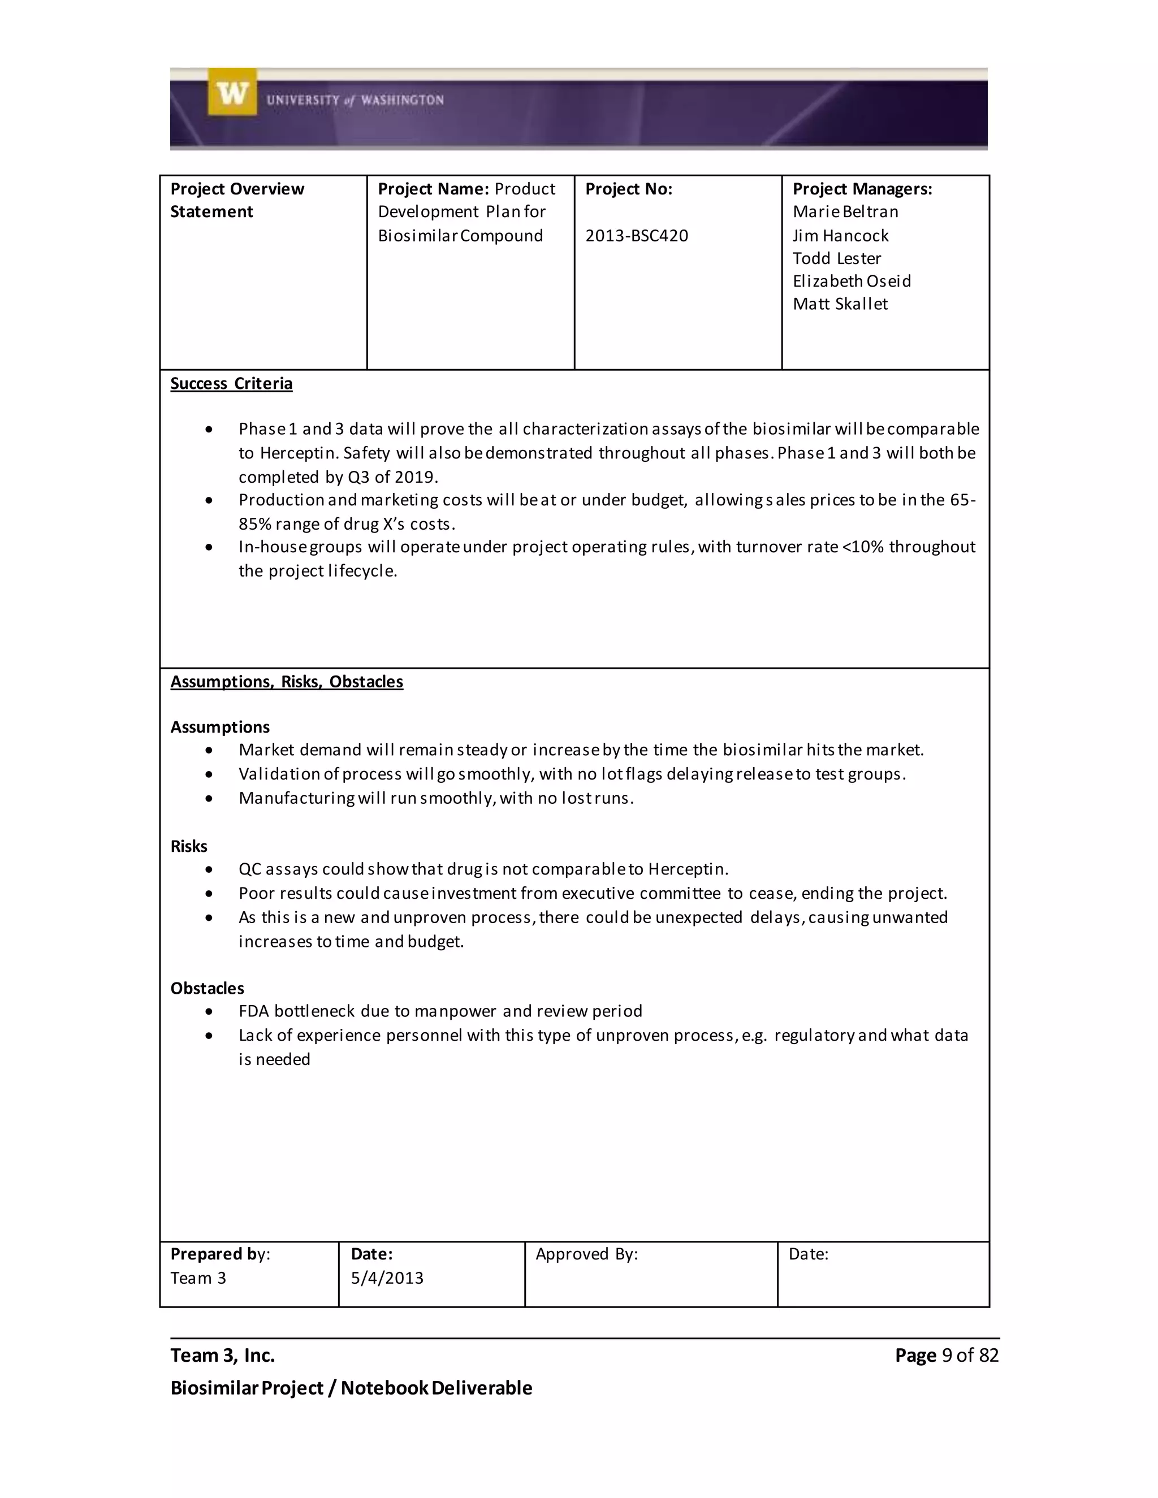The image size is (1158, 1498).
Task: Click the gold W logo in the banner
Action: (232, 92)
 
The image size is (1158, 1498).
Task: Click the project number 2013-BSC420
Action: (636, 236)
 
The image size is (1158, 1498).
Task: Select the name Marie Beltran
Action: (845, 212)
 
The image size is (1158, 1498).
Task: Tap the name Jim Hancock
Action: (840, 236)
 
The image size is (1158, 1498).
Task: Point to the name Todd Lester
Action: (836, 258)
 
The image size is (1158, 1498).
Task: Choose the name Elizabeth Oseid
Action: (852, 281)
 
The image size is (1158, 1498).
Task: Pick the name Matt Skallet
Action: (840, 304)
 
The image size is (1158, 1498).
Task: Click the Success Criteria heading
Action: (231, 383)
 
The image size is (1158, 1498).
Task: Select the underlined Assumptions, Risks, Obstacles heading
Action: (286, 682)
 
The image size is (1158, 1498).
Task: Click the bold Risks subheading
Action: (189, 846)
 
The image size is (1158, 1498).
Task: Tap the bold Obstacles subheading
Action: (207, 988)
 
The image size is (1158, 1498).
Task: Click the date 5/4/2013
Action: (387, 1278)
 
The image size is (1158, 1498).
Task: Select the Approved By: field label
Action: (586, 1254)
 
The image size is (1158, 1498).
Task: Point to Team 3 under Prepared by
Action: (198, 1278)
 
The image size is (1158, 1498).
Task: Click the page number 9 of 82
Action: (969, 1356)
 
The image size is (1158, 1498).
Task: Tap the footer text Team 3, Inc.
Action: (222, 1356)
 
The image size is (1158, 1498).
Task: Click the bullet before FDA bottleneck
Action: (209, 1012)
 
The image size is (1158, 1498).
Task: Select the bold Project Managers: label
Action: (862, 189)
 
